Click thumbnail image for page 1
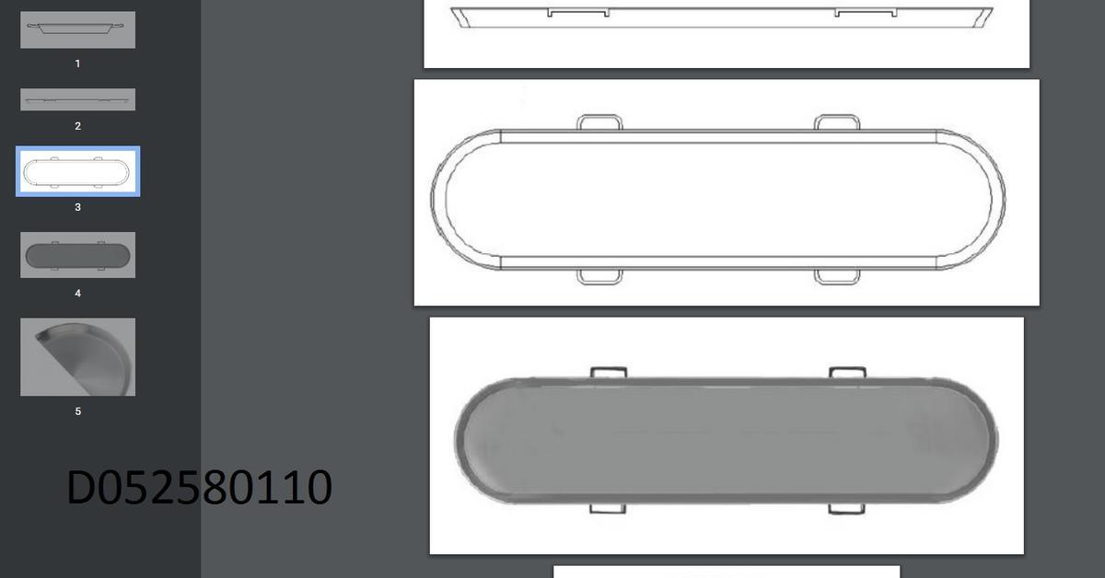point(77,29)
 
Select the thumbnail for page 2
point(77,99)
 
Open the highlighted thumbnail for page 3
point(77,172)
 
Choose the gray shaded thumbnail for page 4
point(77,255)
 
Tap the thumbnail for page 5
point(77,357)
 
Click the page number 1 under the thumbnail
point(77,64)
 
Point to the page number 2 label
point(77,126)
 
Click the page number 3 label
point(77,207)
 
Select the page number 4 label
point(77,293)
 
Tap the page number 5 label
point(77,411)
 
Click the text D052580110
point(199,488)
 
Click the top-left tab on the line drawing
point(599,121)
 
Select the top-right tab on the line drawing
point(838,121)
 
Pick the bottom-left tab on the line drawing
point(599,276)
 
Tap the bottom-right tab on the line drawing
point(838,276)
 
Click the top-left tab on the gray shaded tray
point(608,372)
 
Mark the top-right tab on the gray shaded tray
point(847,372)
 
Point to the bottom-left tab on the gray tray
point(608,508)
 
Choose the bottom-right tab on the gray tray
point(847,508)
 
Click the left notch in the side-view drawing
point(577,13)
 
